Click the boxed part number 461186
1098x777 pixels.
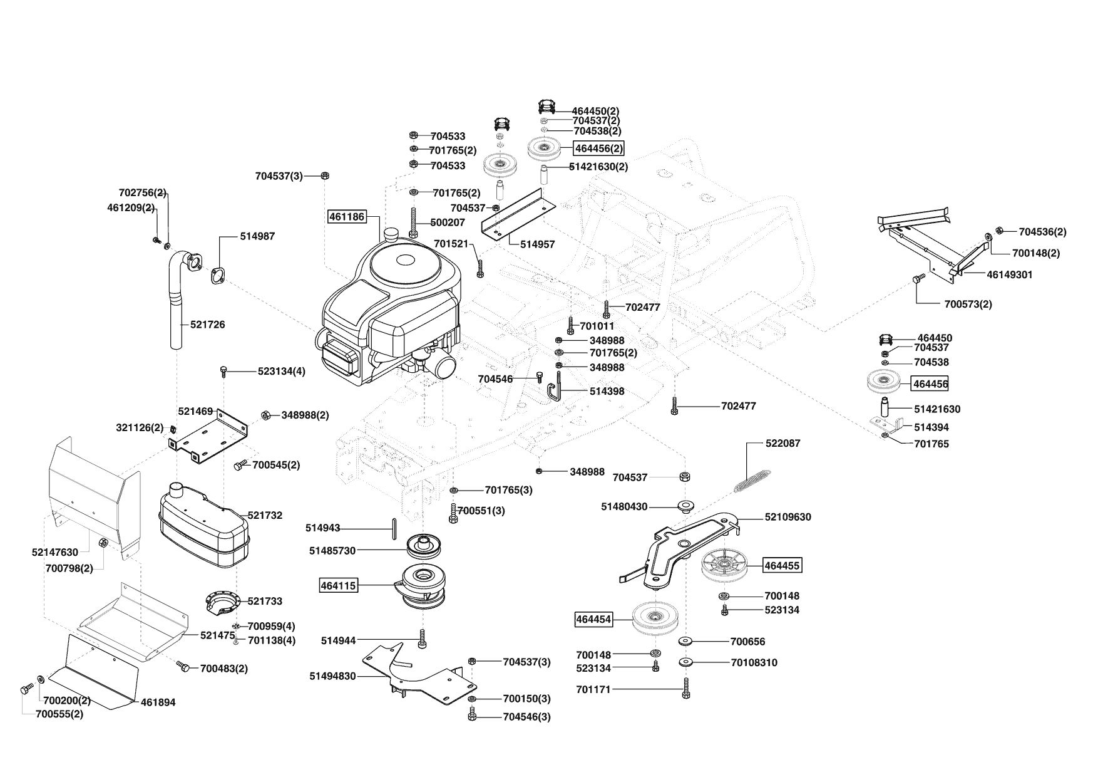click(x=347, y=217)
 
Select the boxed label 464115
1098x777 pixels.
click(x=338, y=586)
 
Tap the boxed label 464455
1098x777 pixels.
click(x=782, y=566)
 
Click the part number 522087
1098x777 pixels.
click(x=782, y=443)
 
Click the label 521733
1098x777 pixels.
click(x=265, y=601)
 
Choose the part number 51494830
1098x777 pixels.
click(x=332, y=676)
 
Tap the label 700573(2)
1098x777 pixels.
click(x=968, y=304)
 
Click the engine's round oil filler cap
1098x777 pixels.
click(x=392, y=234)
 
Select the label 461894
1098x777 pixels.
click(x=158, y=702)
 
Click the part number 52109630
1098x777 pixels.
click(x=788, y=517)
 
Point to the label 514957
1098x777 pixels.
click(x=537, y=244)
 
